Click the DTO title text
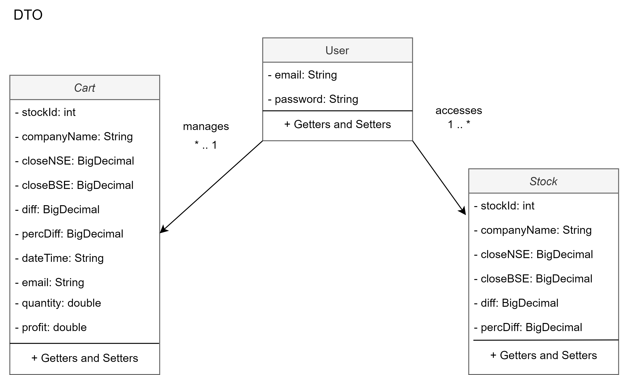(x=28, y=15)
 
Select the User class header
(x=337, y=50)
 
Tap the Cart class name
(x=84, y=88)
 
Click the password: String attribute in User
(x=313, y=99)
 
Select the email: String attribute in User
(x=303, y=75)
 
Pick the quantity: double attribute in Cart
(x=58, y=303)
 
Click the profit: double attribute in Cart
(x=51, y=327)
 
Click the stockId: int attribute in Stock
(x=504, y=206)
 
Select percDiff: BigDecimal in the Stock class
(x=528, y=327)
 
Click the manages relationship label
(x=206, y=126)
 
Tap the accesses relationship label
(x=459, y=111)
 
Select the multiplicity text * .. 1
(x=206, y=145)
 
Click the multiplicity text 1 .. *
(x=459, y=124)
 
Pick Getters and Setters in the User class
(x=337, y=125)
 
